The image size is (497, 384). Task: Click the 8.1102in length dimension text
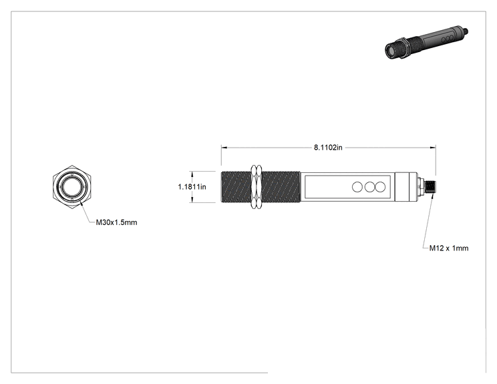pyautogui.click(x=328, y=148)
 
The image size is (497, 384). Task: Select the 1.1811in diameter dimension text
pyautogui.click(x=192, y=187)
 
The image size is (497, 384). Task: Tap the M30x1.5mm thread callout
pyautogui.click(x=117, y=222)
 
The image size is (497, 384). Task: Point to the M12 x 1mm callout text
pyautogui.click(x=449, y=248)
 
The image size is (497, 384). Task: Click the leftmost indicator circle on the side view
pyautogui.click(x=357, y=187)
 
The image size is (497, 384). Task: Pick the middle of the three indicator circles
pyautogui.click(x=369, y=187)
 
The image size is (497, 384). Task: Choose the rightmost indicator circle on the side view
pyautogui.click(x=380, y=187)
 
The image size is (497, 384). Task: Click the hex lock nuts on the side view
pyautogui.click(x=257, y=187)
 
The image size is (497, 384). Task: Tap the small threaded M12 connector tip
pyautogui.click(x=430, y=187)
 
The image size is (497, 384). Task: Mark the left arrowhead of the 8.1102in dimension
pyautogui.click(x=224, y=148)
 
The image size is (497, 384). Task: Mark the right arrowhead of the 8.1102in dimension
pyautogui.click(x=433, y=148)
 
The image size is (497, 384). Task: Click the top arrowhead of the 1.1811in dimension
pyautogui.click(x=192, y=174)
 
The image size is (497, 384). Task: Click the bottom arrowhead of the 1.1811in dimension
pyautogui.click(x=192, y=200)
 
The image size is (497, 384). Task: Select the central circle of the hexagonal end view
pyautogui.click(x=72, y=187)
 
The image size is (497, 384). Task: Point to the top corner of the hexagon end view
pyautogui.click(x=72, y=165)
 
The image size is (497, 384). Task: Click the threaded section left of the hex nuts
pyautogui.click(x=236, y=187)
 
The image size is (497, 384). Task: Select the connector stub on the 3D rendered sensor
pyautogui.click(x=466, y=31)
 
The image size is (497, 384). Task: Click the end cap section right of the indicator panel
pyautogui.click(x=406, y=187)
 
